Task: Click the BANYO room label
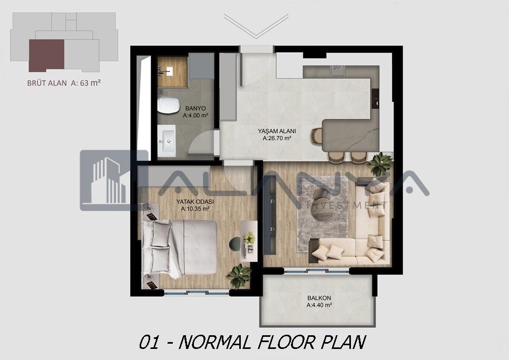(195, 109)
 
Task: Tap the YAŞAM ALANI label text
(277, 131)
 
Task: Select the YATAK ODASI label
(195, 201)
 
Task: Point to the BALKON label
(319, 298)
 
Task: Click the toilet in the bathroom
(168, 105)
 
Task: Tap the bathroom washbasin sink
(167, 141)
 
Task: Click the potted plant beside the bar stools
(379, 163)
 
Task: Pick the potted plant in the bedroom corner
(239, 276)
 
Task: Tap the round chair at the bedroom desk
(234, 244)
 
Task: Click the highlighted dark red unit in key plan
(46, 55)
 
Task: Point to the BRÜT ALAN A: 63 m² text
(64, 83)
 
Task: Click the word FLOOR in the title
(288, 342)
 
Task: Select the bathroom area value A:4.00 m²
(195, 115)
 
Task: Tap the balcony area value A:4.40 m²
(319, 305)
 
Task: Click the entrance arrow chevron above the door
(256, 26)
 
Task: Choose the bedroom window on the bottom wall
(197, 293)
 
